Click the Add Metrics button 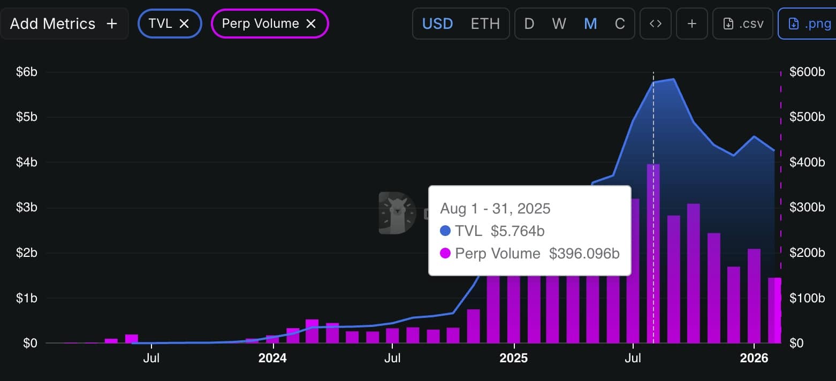[64, 24]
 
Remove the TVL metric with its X [184, 24]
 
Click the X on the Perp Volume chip [311, 24]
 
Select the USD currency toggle [437, 24]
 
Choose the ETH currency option [485, 24]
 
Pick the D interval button [529, 24]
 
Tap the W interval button [559, 24]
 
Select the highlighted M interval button [590, 24]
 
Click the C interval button [620, 24]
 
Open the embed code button [656, 24]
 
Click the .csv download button [742, 24]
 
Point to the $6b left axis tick [26, 72]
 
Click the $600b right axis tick [807, 72]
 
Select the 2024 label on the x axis [272, 357]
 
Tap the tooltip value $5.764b [518, 231]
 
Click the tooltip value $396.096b [584, 254]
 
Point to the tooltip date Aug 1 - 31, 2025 [495, 208]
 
